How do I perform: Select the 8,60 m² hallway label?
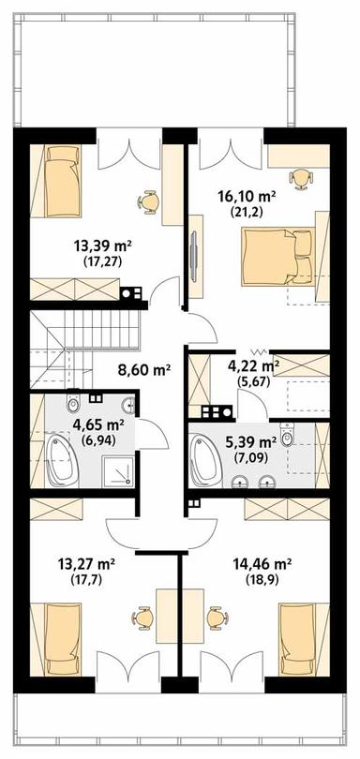(143, 371)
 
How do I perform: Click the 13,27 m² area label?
(86, 563)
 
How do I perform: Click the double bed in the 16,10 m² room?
(277, 258)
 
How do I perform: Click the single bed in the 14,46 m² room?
(297, 639)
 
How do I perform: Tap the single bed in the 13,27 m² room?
(63, 639)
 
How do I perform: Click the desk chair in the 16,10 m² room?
(300, 178)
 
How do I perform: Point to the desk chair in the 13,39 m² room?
(147, 201)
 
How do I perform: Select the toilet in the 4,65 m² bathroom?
(74, 402)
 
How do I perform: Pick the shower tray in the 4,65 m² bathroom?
(117, 470)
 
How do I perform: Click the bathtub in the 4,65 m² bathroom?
(61, 460)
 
